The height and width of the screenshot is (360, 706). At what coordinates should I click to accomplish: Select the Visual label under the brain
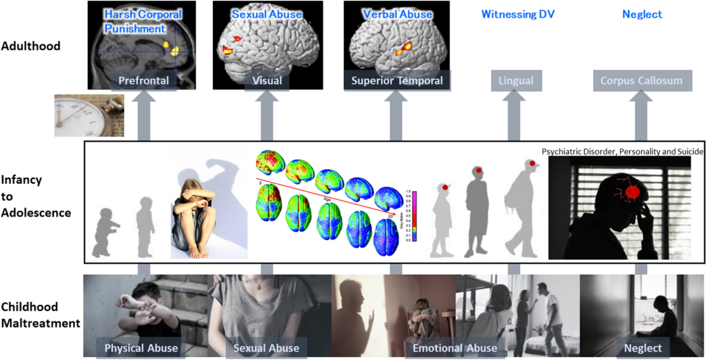tap(267, 80)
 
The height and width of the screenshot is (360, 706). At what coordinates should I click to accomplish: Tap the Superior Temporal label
tap(397, 81)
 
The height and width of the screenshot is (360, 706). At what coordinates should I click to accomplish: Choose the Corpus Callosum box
tap(637, 81)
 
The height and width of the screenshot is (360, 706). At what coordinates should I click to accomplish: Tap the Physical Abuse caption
tap(141, 348)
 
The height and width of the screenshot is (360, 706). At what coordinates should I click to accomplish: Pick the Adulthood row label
tap(31, 45)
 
